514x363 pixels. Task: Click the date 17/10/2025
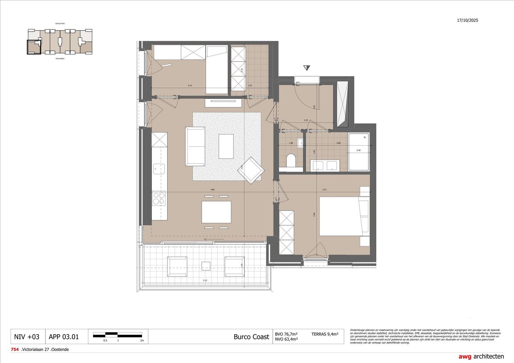click(468, 20)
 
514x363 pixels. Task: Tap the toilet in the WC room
click(291, 160)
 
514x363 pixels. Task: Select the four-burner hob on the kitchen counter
click(159, 198)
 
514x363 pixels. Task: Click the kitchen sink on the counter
click(159, 168)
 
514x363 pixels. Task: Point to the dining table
click(216, 212)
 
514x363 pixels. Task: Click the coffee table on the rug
click(226, 146)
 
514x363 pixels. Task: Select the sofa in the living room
click(195, 146)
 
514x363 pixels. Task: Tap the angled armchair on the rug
click(251, 170)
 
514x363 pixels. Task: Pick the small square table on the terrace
click(206, 266)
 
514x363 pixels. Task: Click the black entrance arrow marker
click(307, 68)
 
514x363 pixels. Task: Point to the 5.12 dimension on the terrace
click(205, 280)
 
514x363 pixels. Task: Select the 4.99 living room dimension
click(212, 189)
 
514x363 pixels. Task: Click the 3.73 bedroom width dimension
click(324, 189)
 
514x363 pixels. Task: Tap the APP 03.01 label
click(64, 337)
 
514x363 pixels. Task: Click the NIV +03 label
click(27, 337)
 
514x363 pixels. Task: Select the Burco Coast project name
click(251, 337)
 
